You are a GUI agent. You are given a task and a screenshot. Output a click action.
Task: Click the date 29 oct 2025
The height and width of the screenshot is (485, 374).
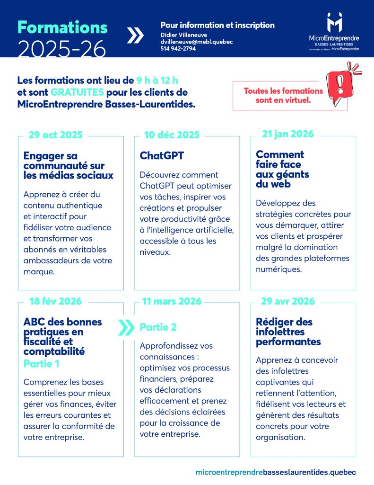[55, 135]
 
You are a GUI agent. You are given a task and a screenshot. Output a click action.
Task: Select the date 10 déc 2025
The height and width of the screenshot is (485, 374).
[172, 135]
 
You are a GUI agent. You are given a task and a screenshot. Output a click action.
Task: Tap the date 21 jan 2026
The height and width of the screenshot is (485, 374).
[288, 134]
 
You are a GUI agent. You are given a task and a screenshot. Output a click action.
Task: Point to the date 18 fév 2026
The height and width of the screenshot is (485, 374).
[55, 301]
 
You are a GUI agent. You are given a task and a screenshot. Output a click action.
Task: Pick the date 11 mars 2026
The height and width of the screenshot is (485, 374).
[172, 301]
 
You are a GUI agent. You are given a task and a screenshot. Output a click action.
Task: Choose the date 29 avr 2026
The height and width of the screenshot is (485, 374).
[288, 301]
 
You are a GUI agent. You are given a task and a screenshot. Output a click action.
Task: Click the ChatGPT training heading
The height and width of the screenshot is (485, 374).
[162, 156]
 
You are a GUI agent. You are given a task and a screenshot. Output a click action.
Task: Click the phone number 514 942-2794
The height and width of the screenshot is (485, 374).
[178, 48]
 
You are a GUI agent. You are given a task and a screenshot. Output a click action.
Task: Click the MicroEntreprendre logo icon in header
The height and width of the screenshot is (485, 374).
[334, 22]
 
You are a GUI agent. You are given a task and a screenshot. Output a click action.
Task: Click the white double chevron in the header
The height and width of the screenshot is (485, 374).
[135, 36]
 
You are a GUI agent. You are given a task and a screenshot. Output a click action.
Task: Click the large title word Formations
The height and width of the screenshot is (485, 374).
[62, 27]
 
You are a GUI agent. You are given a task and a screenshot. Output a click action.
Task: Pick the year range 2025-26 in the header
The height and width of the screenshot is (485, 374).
[61, 48]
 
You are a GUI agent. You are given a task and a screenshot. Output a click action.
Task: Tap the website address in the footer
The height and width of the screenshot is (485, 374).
[276, 472]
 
